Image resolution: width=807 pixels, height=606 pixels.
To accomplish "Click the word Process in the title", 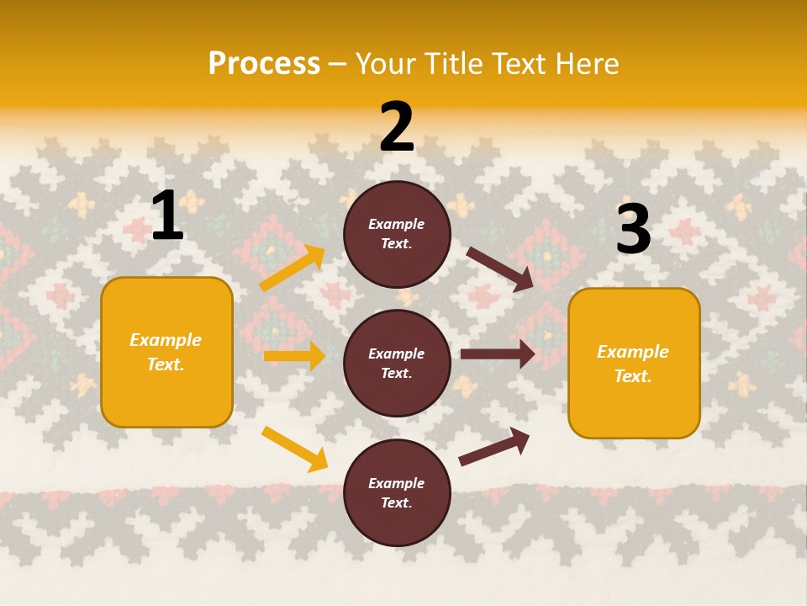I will [x=264, y=64].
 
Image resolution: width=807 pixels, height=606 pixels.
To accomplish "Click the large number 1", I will [x=167, y=216].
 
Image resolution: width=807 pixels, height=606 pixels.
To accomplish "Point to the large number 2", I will [x=397, y=128].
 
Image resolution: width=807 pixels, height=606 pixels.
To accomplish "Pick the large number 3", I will [x=634, y=231].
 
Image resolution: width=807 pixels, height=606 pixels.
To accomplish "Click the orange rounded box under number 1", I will [x=166, y=352].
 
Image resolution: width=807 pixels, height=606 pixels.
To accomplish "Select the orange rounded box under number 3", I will [x=634, y=364].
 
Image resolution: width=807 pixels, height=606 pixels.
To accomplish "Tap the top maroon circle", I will [x=397, y=234].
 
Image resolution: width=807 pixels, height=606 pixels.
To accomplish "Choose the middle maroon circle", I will [x=397, y=364].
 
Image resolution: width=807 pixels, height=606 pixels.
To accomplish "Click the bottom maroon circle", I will [x=397, y=493].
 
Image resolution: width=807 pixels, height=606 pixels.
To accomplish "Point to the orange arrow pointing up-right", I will [x=293, y=268].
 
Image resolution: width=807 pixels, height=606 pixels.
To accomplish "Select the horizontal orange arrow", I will [x=294, y=356].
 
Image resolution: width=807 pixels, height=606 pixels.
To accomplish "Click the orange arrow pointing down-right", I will [x=294, y=449].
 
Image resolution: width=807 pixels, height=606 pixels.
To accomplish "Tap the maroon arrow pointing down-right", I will [x=500, y=268].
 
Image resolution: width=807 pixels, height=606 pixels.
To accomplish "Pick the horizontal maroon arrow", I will [x=498, y=354].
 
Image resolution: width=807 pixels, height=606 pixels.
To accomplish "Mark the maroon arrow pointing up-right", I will [x=494, y=446].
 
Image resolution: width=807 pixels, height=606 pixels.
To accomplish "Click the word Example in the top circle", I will [x=397, y=225].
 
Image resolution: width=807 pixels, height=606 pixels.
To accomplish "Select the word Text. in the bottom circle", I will [x=397, y=503].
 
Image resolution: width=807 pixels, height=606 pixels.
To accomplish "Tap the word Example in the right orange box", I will [x=633, y=352].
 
